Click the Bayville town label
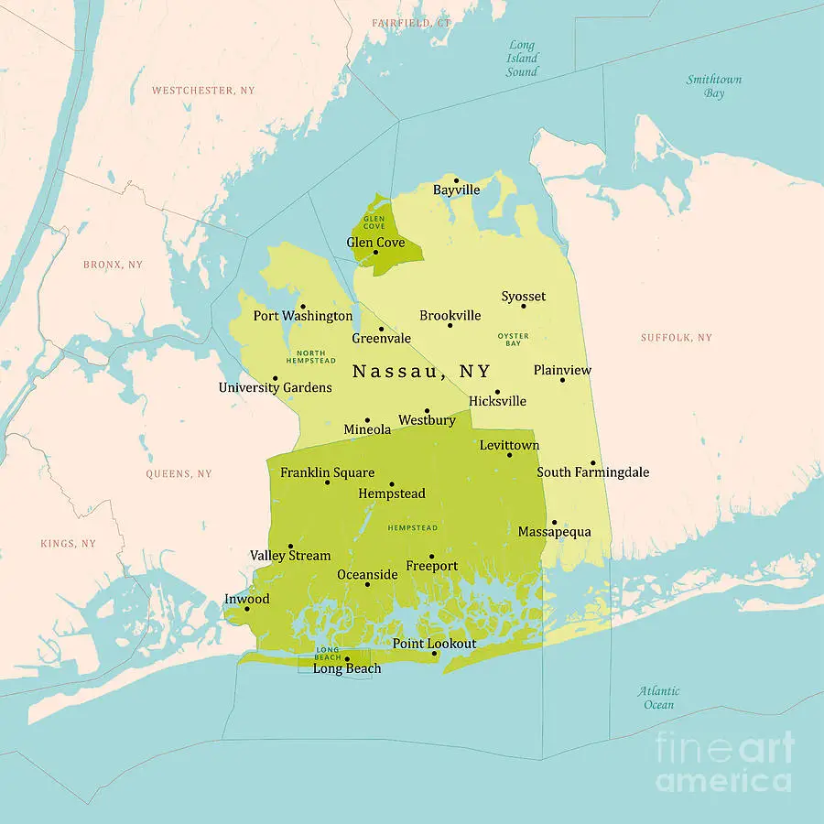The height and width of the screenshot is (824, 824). [456, 190]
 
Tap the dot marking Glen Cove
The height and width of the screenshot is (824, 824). [374, 253]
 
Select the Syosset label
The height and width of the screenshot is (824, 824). [523, 297]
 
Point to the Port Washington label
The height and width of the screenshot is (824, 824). [303, 316]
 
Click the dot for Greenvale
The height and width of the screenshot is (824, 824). [381, 329]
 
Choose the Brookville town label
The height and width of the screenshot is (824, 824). [450, 316]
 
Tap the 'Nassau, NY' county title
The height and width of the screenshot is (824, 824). [421, 372]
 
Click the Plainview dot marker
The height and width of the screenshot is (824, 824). [562, 380]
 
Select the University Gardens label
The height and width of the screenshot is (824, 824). [275, 388]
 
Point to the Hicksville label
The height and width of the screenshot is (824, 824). [497, 401]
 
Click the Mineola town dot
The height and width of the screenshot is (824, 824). [367, 420]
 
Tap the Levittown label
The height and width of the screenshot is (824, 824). [509, 446]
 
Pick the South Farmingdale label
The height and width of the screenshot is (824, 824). [592, 472]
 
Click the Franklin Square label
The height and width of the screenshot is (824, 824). [327, 473]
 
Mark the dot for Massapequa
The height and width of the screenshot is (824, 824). [553, 523]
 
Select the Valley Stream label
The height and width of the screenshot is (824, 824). [290, 556]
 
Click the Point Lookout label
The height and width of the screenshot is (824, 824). [434, 644]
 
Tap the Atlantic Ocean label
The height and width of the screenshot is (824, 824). [659, 698]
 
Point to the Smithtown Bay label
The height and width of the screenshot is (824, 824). [714, 86]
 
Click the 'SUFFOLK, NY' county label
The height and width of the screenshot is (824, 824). [676, 338]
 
